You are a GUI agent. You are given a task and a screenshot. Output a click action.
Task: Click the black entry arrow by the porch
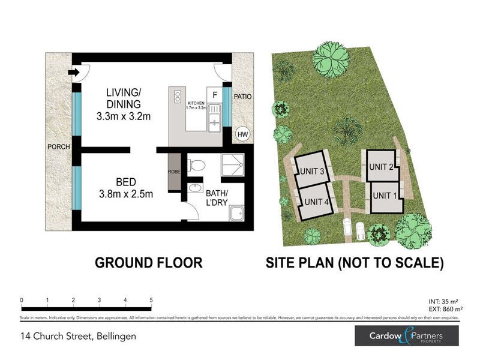(74, 73)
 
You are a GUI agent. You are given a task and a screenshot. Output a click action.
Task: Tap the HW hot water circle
(242, 134)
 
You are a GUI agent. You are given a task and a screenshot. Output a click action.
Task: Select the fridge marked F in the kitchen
(214, 95)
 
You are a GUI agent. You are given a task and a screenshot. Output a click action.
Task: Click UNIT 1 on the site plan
(385, 194)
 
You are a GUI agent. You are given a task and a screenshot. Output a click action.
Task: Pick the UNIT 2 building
(381, 166)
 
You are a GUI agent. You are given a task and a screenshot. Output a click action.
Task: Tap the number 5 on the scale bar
(151, 299)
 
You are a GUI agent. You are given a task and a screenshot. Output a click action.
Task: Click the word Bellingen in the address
(115, 336)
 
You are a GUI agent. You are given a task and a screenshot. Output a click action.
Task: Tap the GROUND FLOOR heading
(149, 262)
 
